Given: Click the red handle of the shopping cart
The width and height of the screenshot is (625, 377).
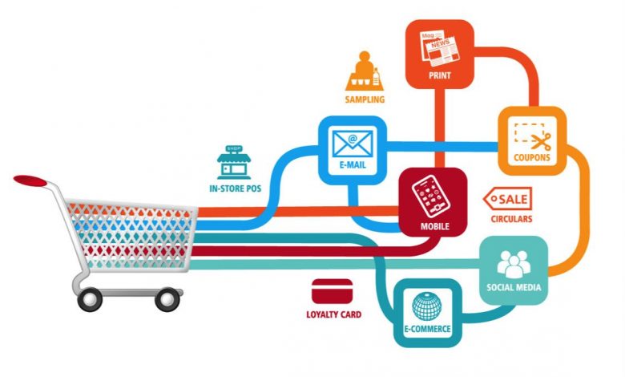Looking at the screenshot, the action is [30, 180].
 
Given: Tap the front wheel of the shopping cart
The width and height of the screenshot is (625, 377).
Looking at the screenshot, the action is [167, 299].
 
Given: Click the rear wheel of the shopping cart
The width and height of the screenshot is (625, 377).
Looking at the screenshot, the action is [90, 299].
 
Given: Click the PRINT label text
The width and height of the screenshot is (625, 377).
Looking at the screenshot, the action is [440, 75].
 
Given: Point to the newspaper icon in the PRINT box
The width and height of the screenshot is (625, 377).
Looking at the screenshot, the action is [439, 47].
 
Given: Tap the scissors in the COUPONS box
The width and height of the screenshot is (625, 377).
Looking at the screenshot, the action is [542, 140].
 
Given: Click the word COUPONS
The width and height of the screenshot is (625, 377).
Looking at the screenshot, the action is [532, 157].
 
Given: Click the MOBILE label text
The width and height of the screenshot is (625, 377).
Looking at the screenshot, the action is [435, 226].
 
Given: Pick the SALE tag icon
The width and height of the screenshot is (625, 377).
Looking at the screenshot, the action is [508, 199].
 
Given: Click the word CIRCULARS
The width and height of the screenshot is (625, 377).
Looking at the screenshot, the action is [511, 219].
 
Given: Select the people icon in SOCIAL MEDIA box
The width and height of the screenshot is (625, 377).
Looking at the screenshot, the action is [514, 264].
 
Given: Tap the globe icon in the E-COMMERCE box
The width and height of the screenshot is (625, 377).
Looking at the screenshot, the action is [427, 306].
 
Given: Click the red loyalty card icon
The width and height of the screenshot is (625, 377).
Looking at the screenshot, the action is [333, 291].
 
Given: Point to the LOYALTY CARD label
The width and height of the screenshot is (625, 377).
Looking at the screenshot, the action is [334, 314].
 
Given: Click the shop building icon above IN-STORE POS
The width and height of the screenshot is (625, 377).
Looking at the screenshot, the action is [234, 162].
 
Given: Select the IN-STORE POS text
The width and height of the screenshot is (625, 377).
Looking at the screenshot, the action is [235, 188].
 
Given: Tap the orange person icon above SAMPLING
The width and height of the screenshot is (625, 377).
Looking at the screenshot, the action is [365, 71].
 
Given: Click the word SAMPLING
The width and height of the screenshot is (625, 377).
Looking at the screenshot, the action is [365, 99].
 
